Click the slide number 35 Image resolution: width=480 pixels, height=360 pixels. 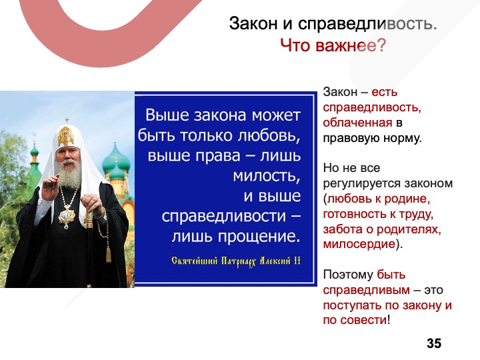tap(434, 343)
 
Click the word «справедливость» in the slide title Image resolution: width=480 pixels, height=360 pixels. tap(367, 23)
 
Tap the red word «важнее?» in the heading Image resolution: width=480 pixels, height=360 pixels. tap(351, 45)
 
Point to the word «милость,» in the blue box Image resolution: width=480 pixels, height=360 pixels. tap(266, 175)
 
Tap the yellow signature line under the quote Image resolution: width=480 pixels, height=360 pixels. tap(236, 261)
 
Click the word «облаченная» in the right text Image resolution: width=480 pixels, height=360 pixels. tap(357, 123)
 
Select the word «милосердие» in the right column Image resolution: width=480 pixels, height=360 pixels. tap(359, 244)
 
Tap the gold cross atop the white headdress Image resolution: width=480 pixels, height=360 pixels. tap(67, 120)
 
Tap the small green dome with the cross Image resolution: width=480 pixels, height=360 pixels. tap(34, 149)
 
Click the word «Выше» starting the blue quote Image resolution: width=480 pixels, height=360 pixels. tap(165, 115)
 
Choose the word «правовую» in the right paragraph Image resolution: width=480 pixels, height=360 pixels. tap(348, 139)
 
